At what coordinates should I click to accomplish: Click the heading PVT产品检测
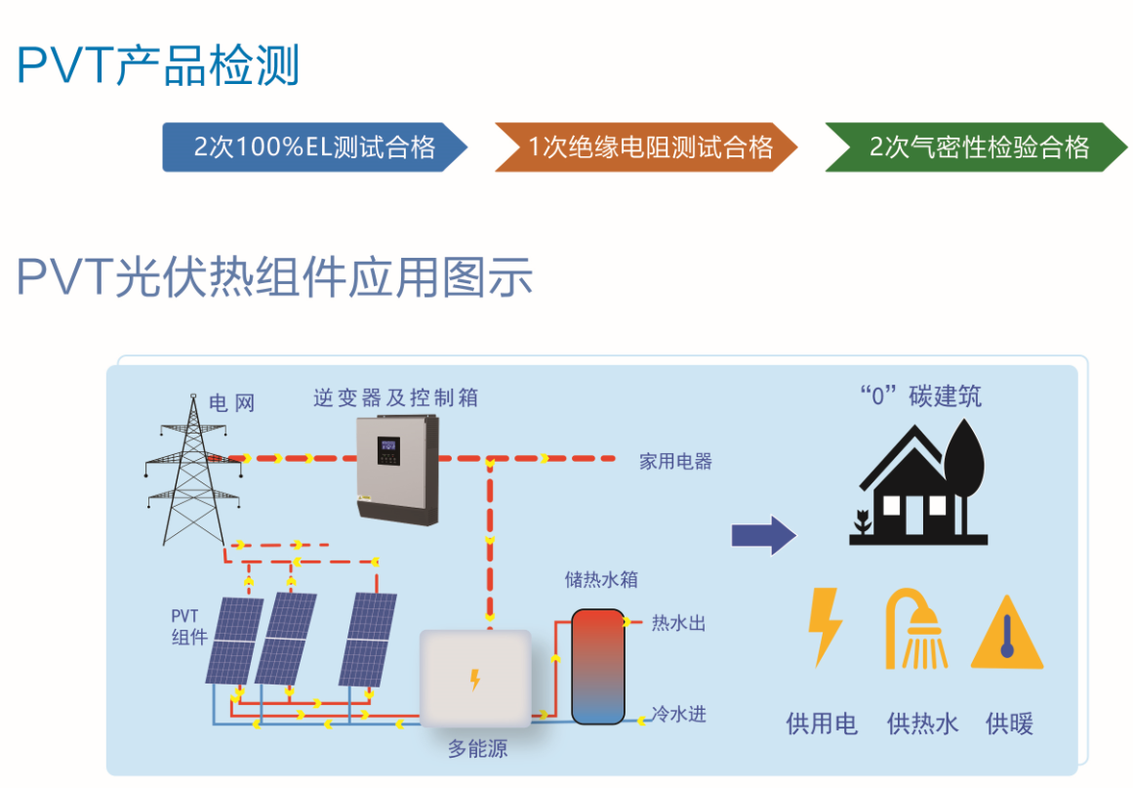click(158, 65)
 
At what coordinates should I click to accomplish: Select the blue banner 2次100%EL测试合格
click(313, 147)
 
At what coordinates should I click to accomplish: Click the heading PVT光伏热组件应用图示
click(274, 277)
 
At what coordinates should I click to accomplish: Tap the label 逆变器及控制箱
click(395, 397)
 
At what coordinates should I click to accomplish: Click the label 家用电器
click(675, 461)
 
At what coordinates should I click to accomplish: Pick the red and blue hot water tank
click(597, 666)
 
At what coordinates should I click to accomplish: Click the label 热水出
click(678, 623)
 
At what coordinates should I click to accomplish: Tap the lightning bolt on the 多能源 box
click(475, 679)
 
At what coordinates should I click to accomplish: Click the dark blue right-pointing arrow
click(763, 534)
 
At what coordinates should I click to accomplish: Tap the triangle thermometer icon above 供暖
click(1006, 634)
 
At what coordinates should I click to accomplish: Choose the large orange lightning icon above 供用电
click(823, 627)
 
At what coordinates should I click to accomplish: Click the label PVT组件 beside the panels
click(187, 626)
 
